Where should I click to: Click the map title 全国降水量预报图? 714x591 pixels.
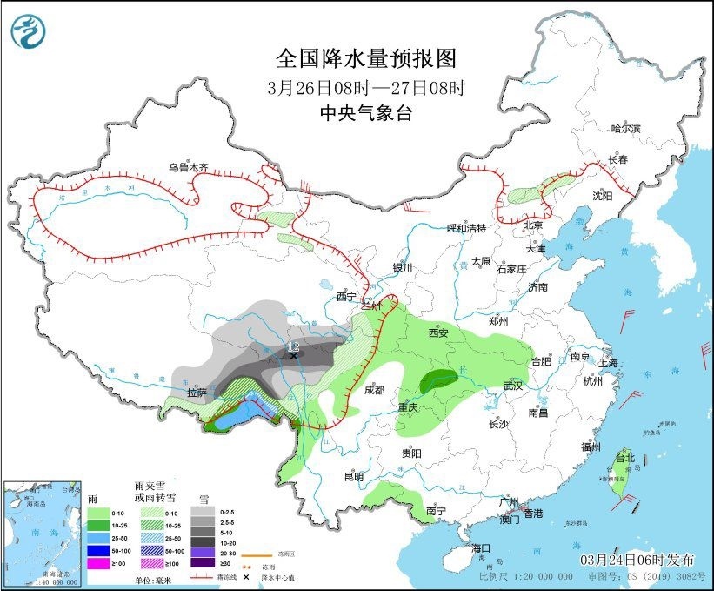click(365, 58)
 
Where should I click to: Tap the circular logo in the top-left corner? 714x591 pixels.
click(28, 32)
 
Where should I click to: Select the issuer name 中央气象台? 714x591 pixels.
click(365, 112)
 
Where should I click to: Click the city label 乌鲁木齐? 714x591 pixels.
click(189, 166)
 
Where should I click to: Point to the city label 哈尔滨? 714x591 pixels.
click(625, 128)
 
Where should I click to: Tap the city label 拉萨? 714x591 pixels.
click(197, 393)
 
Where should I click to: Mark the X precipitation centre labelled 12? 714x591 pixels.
click(294, 355)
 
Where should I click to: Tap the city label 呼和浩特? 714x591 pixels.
click(466, 228)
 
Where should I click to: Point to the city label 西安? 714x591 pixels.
click(438, 332)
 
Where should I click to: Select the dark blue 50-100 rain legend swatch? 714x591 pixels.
click(97, 551)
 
